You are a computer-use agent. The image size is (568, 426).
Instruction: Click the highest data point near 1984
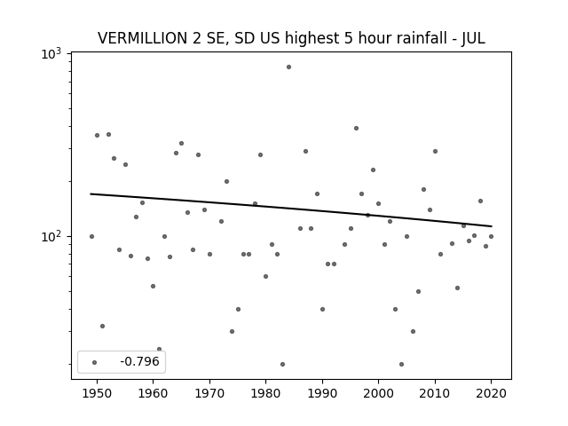pyautogui.click(x=288, y=67)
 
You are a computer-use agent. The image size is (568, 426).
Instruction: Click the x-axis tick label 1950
pyautogui.click(x=97, y=394)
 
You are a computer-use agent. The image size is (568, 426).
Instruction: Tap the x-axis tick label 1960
pyautogui.click(x=153, y=394)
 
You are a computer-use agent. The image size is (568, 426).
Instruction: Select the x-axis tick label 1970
pyautogui.click(x=209, y=394)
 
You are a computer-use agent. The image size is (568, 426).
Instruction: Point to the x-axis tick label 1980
pyautogui.click(x=265, y=394)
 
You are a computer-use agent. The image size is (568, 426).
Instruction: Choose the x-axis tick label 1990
pyautogui.click(x=322, y=394)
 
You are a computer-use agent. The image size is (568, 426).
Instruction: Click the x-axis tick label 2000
pyautogui.click(x=378, y=394)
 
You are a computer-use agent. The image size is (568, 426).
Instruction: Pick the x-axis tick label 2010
pyautogui.click(x=435, y=394)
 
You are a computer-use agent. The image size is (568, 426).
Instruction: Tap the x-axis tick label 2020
pyautogui.click(x=491, y=394)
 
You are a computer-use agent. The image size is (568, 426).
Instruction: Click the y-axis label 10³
pyautogui.click(x=51, y=53)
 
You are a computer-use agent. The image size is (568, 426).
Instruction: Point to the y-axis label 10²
pyautogui.click(x=51, y=237)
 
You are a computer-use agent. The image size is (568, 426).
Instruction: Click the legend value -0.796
pyautogui.click(x=139, y=361)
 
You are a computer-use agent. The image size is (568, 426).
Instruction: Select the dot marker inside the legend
pyautogui.click(x=95, y=362)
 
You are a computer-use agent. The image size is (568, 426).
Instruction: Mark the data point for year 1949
pyautogui.click(x=91, y=237)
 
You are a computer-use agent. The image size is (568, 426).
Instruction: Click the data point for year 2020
pyautogui.click(x=491, y=237)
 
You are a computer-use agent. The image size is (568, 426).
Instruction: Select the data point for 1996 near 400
pyautogui.click(x=356, y=128)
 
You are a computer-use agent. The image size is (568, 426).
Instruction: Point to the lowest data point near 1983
pyautogui.click(x=282, y=364)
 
